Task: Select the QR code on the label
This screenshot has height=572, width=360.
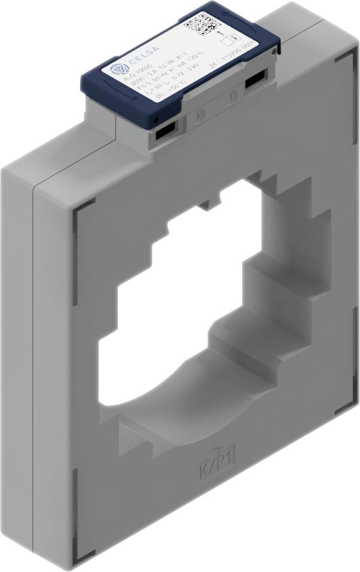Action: pos(200,25)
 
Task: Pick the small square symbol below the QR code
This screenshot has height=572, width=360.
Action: pos(226,41)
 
